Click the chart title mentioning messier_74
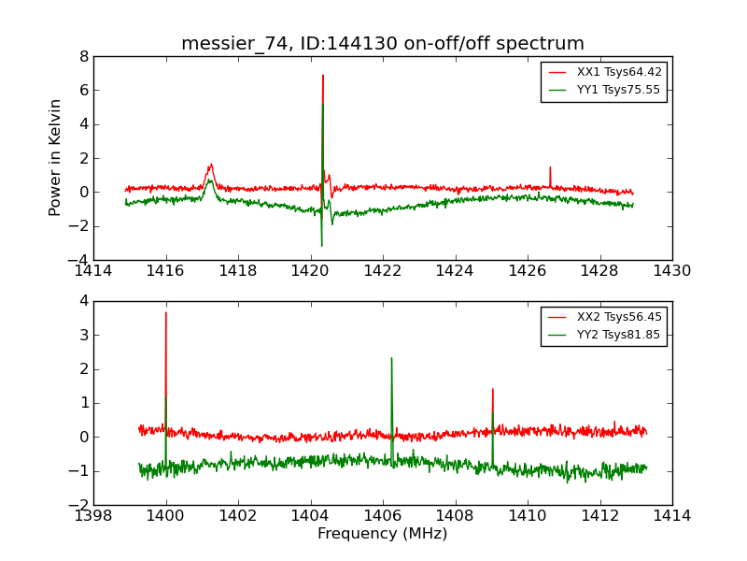coord(383,44)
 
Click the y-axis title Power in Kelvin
coord(56,157)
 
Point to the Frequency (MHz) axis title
coord(383,534)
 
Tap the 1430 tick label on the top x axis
coord(671,271)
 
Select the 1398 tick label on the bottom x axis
coord(93,516)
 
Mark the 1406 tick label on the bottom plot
coord(383,516)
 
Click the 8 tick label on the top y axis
coord(84,56)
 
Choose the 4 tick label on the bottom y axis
coord(84,301)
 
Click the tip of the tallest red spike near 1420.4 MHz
coord(323,76)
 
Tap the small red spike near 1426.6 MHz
coord(550,167)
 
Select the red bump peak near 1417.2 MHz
coord(211,165)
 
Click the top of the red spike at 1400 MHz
coord(166,312)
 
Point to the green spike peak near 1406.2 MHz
coord(391,358)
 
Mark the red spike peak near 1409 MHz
coord(492,389)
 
